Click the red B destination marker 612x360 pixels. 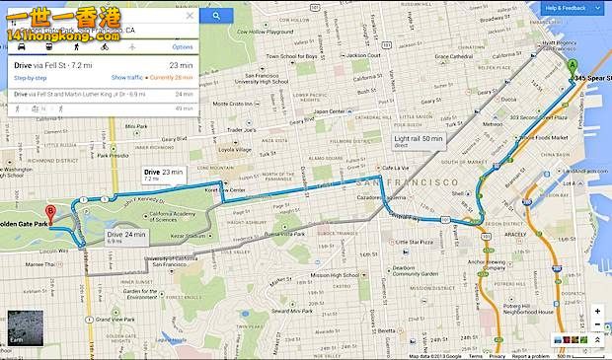pyautogui.click(x=50, y=211)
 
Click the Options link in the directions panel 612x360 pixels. pyautogui.click(x=183, y=46)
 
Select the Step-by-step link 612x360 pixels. pyautogui.click(x=30, y=77)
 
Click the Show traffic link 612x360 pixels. pyautogui.click(x=127, y=77)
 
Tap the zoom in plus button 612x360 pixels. pyautogui.click(x=597, y=312)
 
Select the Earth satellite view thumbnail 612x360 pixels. pyautogui.click(x=21, y=326)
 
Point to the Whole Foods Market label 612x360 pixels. pyautogui.click(x=545, y=138)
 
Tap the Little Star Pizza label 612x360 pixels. pyautogui.click(x=413, y=241)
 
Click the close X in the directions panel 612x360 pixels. pyautogui.click(x=190, y=17)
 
